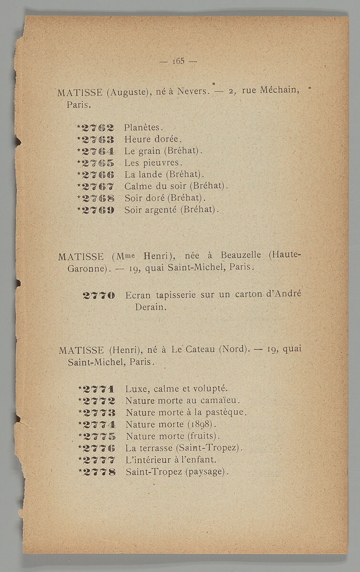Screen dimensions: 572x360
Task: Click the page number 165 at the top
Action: (x=179, y=61)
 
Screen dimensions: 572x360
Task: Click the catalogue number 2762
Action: (x=98, y=128)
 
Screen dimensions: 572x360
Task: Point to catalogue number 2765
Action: (x=98, y=163)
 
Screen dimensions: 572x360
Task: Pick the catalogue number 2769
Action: (x=98, y=209)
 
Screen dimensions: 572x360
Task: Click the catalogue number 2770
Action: (x=99, y=296)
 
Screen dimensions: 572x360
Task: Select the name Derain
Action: (x=151, y=307)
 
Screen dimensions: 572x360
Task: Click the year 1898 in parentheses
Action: (x=201, y=424)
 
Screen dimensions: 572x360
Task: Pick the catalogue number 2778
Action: (x=99, y=472)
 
